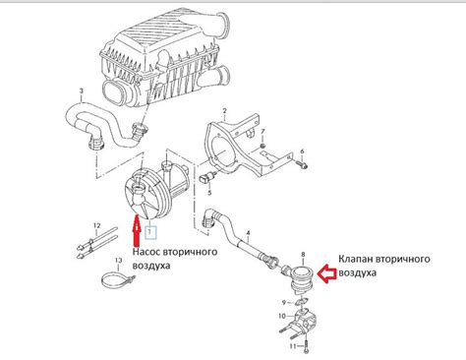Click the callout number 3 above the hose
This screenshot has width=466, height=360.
click(82, 90)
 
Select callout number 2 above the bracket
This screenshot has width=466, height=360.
click(224, 110)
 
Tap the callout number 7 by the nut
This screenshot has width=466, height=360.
click(262, 132)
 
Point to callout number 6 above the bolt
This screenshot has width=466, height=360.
click(302, 151)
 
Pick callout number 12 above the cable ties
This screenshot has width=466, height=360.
click(96, 226)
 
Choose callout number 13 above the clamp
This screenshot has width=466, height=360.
click(118, 261)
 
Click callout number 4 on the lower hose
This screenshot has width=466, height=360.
click(249, 233)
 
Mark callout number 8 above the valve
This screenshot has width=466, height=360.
click(303, 255)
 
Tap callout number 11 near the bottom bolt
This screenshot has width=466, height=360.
click(293, 346)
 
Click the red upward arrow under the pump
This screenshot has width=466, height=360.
click(136, 230)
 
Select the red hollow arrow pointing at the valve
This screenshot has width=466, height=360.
click(327, 274)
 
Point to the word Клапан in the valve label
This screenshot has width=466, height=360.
click(356, 259)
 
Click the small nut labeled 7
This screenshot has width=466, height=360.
click(262, 146)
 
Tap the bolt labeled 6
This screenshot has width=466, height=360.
click(302, 163)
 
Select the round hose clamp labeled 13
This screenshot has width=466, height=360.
click(116, 279)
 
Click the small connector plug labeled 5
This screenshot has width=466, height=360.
click(206, 177)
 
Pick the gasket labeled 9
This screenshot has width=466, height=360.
click(302, 301)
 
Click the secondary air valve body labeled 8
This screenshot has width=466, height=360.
click(302, 278)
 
